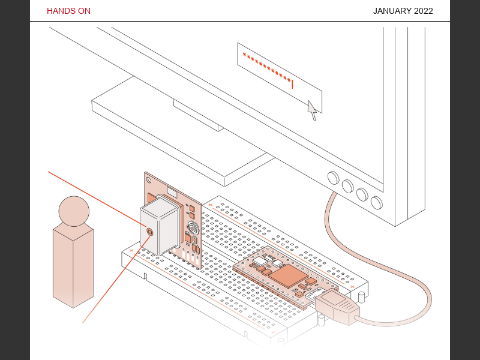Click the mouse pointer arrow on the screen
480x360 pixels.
[312, 110]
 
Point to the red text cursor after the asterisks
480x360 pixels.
[292, 83]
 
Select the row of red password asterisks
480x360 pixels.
[266, 68]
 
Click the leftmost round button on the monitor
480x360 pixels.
[333, 178]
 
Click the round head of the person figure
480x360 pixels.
[74, 211]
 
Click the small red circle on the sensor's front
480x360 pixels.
[149, 231]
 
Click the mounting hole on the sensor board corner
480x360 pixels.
[146, 178]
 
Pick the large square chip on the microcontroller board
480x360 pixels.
[290, 275]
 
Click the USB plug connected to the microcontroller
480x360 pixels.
[337, 305]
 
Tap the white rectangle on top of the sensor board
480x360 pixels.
[172, 193]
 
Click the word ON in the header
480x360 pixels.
[83, 11]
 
